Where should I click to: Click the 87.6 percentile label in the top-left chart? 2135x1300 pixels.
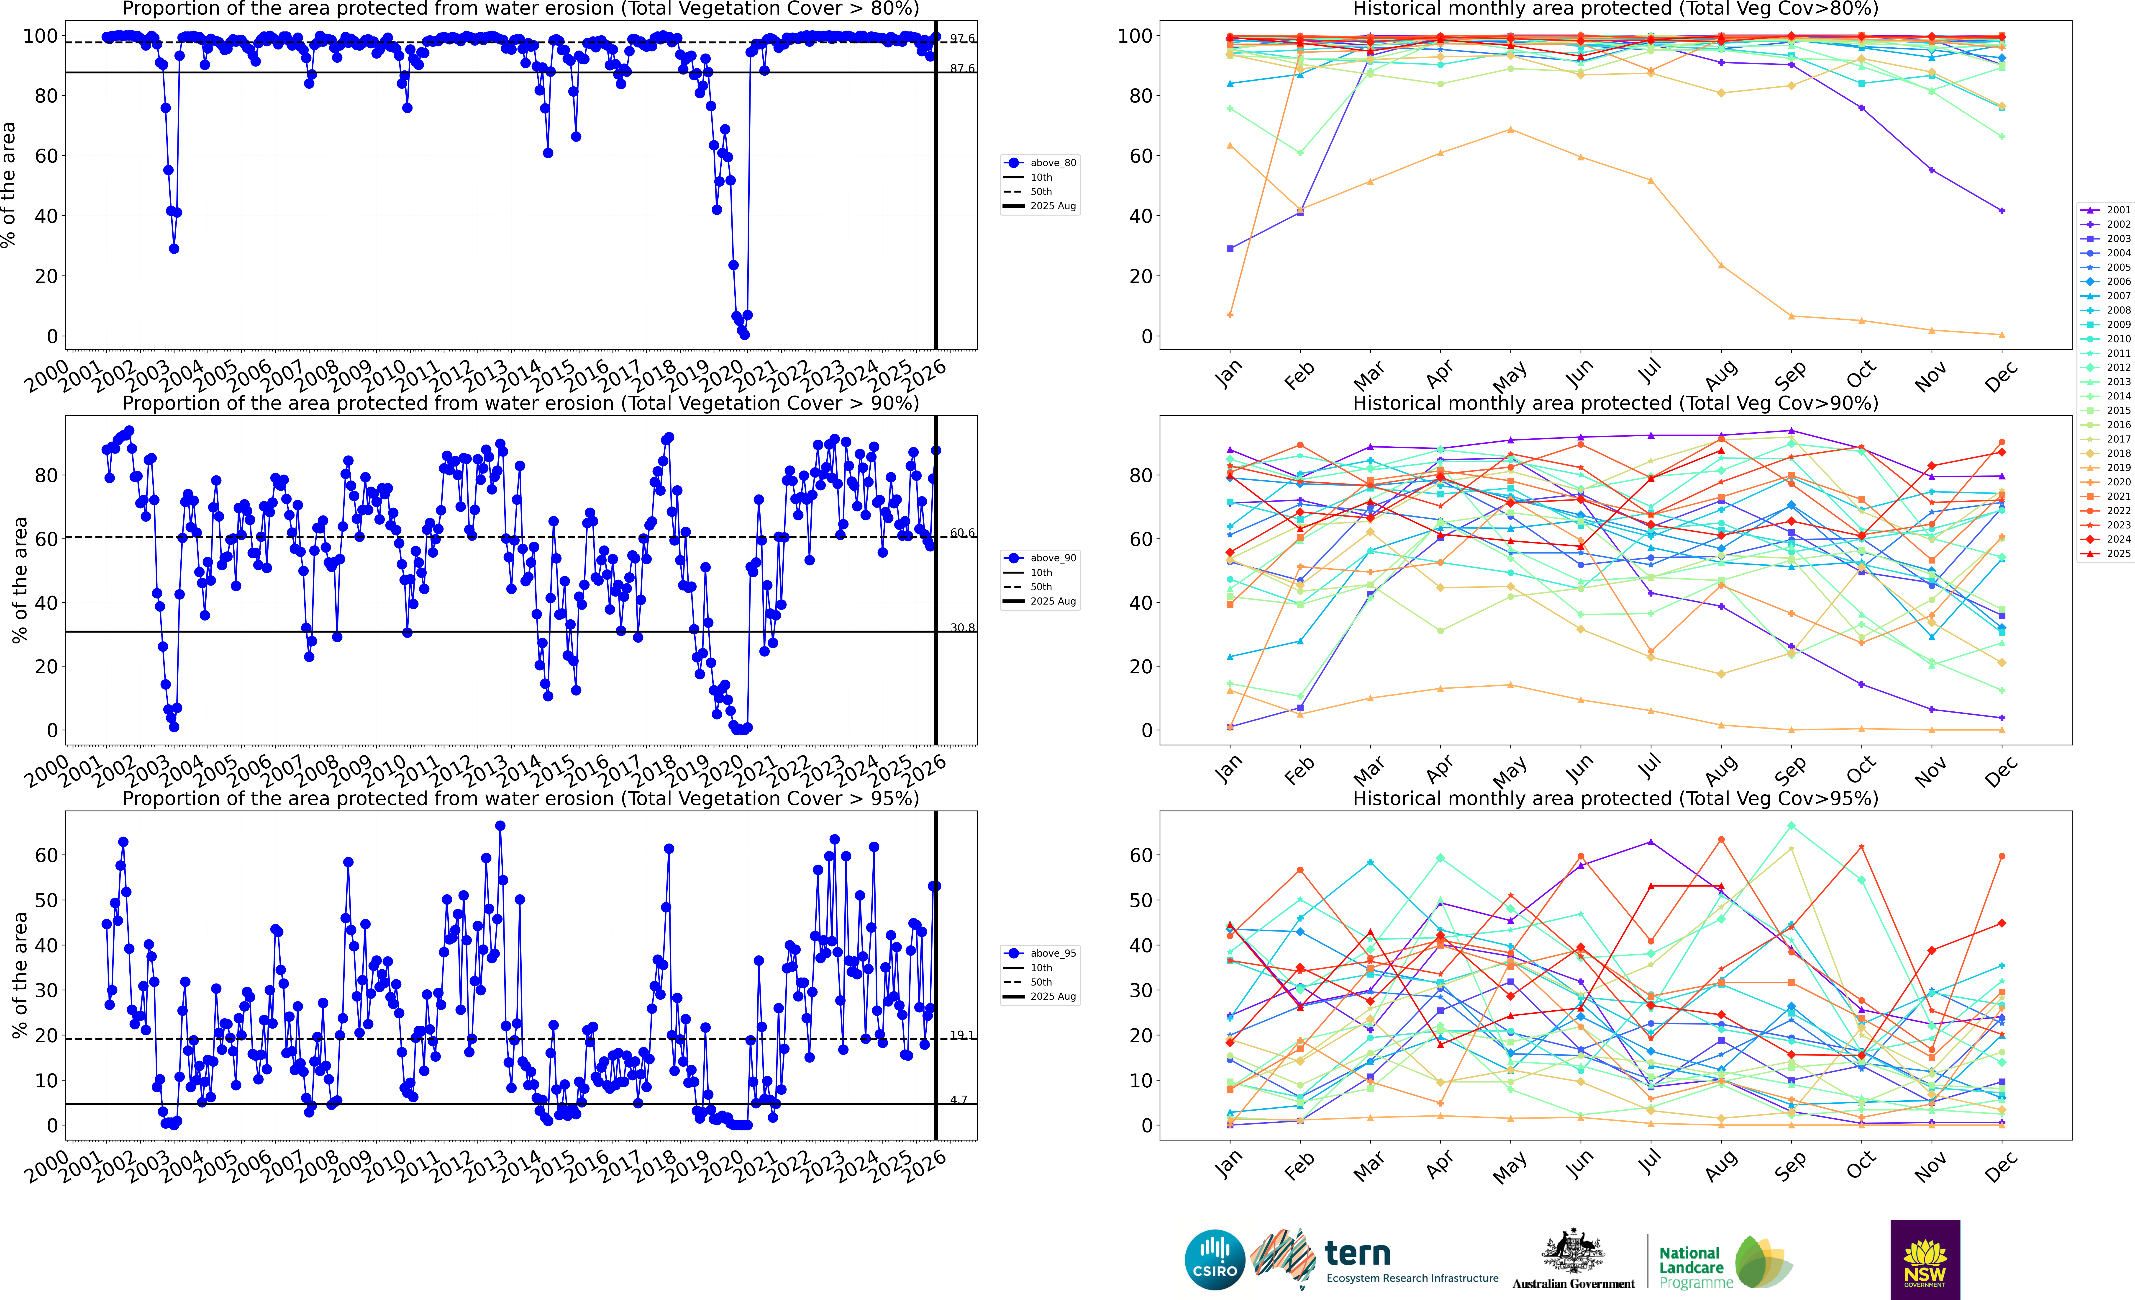point(962,68)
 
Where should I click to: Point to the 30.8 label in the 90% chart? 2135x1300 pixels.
point(962,628)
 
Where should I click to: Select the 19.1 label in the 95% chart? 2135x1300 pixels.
point(962,1036)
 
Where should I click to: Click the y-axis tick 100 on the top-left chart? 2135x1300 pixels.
point(40,36)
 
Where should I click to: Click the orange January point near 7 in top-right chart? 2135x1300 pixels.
point(1230,315)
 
